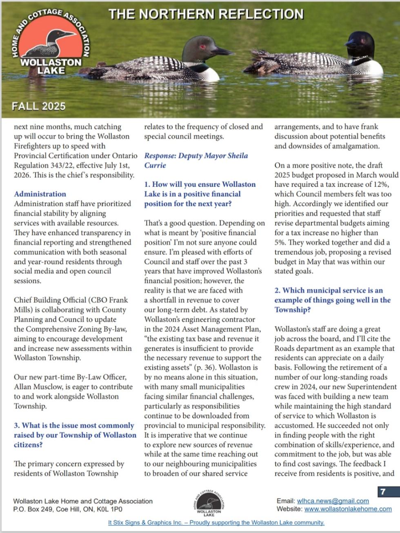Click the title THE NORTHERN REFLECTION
point(206,14)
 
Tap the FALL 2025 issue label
point(39,106)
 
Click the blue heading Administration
point(40,194)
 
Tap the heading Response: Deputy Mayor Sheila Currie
point(196,160)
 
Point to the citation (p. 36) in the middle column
point(212,367)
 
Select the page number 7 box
point(383,492)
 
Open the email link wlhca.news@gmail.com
point(333,501)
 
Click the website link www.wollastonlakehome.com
point(348,509)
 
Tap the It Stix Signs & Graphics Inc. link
point(216,522)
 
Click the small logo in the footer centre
point(209,503)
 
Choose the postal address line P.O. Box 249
point(67,509)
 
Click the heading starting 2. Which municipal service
point(332,300)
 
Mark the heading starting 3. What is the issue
point(75,435)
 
